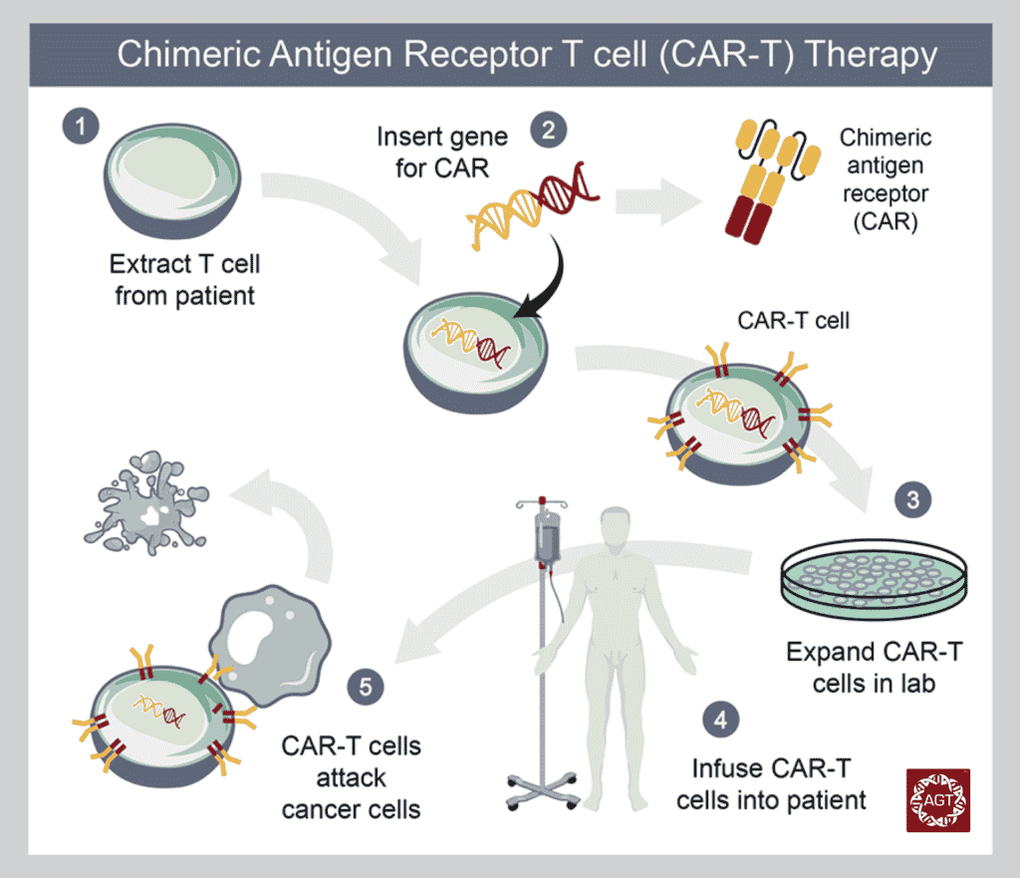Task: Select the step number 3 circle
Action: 911,498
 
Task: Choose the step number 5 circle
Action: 367,686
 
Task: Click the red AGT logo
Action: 937,799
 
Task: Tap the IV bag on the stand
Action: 547,538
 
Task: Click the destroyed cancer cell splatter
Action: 149,499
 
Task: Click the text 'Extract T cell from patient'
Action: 184,281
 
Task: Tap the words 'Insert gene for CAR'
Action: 442,151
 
